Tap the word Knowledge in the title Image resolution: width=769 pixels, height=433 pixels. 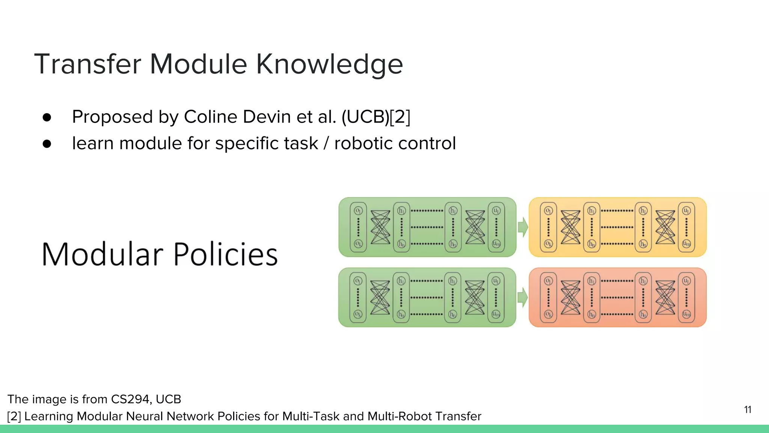329,64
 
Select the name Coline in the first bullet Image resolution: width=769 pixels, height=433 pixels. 211,117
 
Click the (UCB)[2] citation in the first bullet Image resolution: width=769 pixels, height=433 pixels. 375,117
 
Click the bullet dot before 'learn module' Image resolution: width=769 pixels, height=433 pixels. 47,144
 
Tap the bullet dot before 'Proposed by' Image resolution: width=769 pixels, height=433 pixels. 47,117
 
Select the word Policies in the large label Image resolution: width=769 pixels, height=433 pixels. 225,254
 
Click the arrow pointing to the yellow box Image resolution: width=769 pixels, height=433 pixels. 522,227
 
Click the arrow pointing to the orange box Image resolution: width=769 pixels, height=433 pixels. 522,297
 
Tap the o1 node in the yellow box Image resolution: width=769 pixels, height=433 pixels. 548,211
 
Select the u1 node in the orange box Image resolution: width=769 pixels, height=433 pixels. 686,281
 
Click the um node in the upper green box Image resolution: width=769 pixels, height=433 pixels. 496,244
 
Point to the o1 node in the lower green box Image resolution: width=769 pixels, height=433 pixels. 358,281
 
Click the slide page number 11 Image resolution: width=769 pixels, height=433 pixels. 748,410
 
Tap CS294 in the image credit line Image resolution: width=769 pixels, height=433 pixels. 131,399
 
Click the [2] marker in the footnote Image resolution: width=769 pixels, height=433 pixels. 14,416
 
